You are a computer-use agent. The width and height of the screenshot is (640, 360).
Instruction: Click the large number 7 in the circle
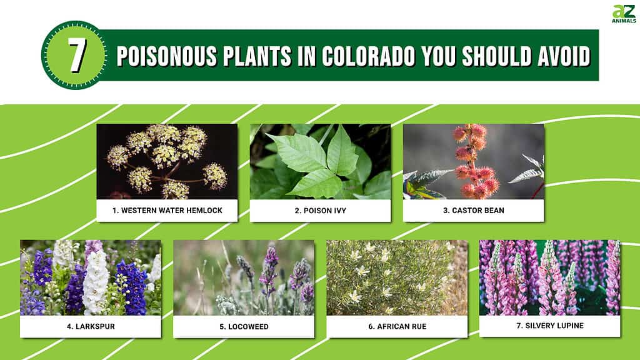77,56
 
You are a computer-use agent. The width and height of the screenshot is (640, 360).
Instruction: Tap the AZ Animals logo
624,14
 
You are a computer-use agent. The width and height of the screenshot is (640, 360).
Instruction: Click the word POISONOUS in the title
166,56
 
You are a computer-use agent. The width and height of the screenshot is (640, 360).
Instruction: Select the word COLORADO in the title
368,56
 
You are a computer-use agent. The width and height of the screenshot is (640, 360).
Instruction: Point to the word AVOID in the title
564,56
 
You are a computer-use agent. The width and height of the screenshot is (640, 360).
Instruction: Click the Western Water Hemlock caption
167,211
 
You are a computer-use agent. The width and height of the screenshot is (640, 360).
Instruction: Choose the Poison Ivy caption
321,211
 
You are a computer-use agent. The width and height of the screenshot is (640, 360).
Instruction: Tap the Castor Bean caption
474,211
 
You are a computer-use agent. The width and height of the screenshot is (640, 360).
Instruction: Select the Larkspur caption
91,326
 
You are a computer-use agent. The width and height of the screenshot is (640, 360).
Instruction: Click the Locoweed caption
244,326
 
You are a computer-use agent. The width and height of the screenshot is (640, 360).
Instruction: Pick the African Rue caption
397,326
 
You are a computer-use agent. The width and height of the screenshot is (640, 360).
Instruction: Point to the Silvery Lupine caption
550,326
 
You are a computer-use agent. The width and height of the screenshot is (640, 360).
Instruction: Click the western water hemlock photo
167,162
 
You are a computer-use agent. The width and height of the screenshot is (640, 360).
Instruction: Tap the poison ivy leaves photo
321,162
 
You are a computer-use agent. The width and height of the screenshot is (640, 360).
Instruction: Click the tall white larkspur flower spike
96,282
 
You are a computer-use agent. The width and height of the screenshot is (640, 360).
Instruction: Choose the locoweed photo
244,277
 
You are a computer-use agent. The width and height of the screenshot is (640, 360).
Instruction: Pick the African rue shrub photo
397,277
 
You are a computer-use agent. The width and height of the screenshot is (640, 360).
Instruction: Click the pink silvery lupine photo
550,277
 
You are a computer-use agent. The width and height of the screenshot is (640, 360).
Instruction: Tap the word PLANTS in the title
257,56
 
